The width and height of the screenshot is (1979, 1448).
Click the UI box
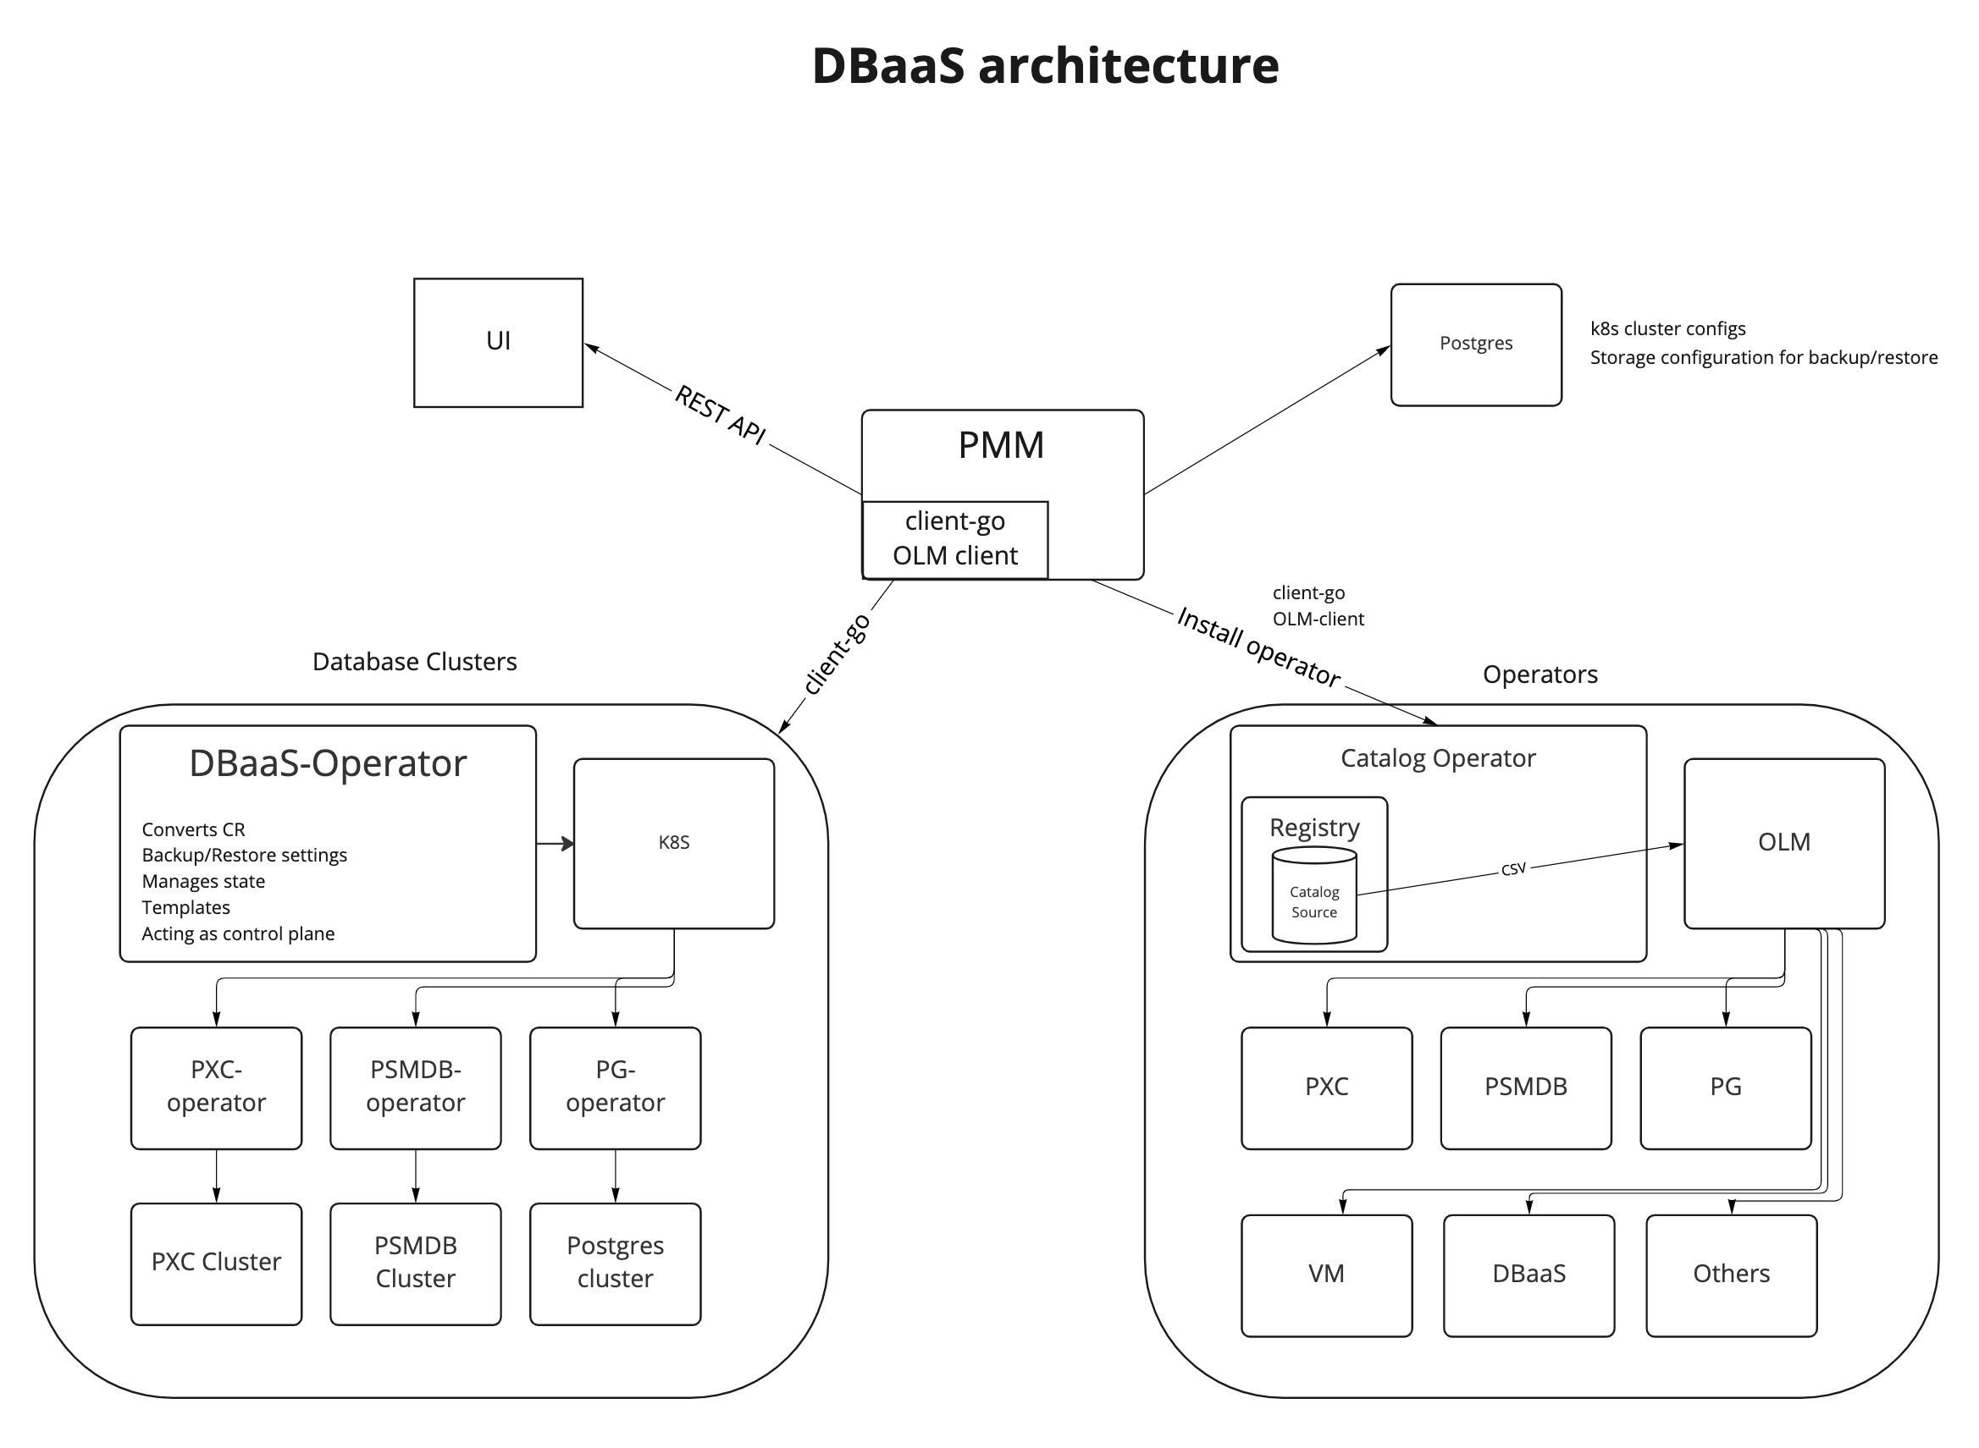498,343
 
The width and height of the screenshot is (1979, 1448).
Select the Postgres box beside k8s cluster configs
1476,344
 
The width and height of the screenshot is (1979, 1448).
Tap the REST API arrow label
720,415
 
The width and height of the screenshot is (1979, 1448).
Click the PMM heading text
1000,445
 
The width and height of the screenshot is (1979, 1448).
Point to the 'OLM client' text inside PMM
955,556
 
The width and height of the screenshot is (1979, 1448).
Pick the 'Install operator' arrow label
1258,647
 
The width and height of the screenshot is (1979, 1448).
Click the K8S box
673,843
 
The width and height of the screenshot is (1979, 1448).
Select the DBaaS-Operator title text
328,763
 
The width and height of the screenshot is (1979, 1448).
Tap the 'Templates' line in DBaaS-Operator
186,907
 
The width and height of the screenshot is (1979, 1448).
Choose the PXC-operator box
217,1087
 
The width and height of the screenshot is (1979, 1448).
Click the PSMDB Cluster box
416,1263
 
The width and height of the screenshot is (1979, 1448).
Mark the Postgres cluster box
616,1263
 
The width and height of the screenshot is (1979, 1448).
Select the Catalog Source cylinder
1314,895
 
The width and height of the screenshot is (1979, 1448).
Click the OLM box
1783,843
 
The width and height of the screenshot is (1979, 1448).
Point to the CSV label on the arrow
1513,868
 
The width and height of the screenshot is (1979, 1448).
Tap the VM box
1327,1275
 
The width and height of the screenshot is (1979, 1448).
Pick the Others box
1731,1275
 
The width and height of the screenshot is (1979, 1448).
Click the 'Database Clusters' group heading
415,662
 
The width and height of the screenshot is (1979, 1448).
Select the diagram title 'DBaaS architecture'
1045,66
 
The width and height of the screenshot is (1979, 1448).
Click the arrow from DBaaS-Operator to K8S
555,843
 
